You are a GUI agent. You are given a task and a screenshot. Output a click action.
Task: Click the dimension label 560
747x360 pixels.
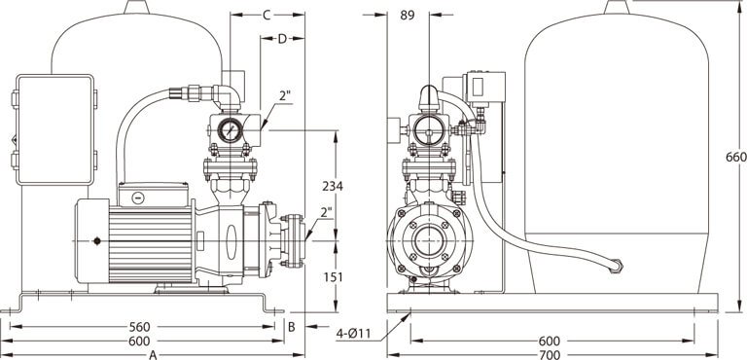click(x=139, y=327)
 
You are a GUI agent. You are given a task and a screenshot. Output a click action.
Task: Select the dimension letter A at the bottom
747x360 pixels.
click(x=153, y=355)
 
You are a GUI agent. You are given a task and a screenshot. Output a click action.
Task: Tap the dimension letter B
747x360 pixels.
click(x=292, y=327)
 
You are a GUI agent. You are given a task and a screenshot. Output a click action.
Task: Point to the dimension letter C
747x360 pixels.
click(x=267, y=16)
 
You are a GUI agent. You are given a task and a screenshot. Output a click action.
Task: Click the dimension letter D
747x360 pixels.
click(x=282, y=39)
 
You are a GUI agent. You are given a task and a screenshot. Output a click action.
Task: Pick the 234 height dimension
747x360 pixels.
click(x=332, y=187)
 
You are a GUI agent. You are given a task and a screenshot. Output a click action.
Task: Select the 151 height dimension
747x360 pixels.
click(x=332, y=277)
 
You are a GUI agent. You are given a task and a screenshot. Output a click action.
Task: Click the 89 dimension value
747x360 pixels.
click(x=408, y=16)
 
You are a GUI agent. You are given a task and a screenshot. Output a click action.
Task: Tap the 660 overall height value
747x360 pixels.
click(x=736, y=158)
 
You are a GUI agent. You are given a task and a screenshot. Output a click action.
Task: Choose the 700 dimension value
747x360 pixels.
click(x=550, y=355)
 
